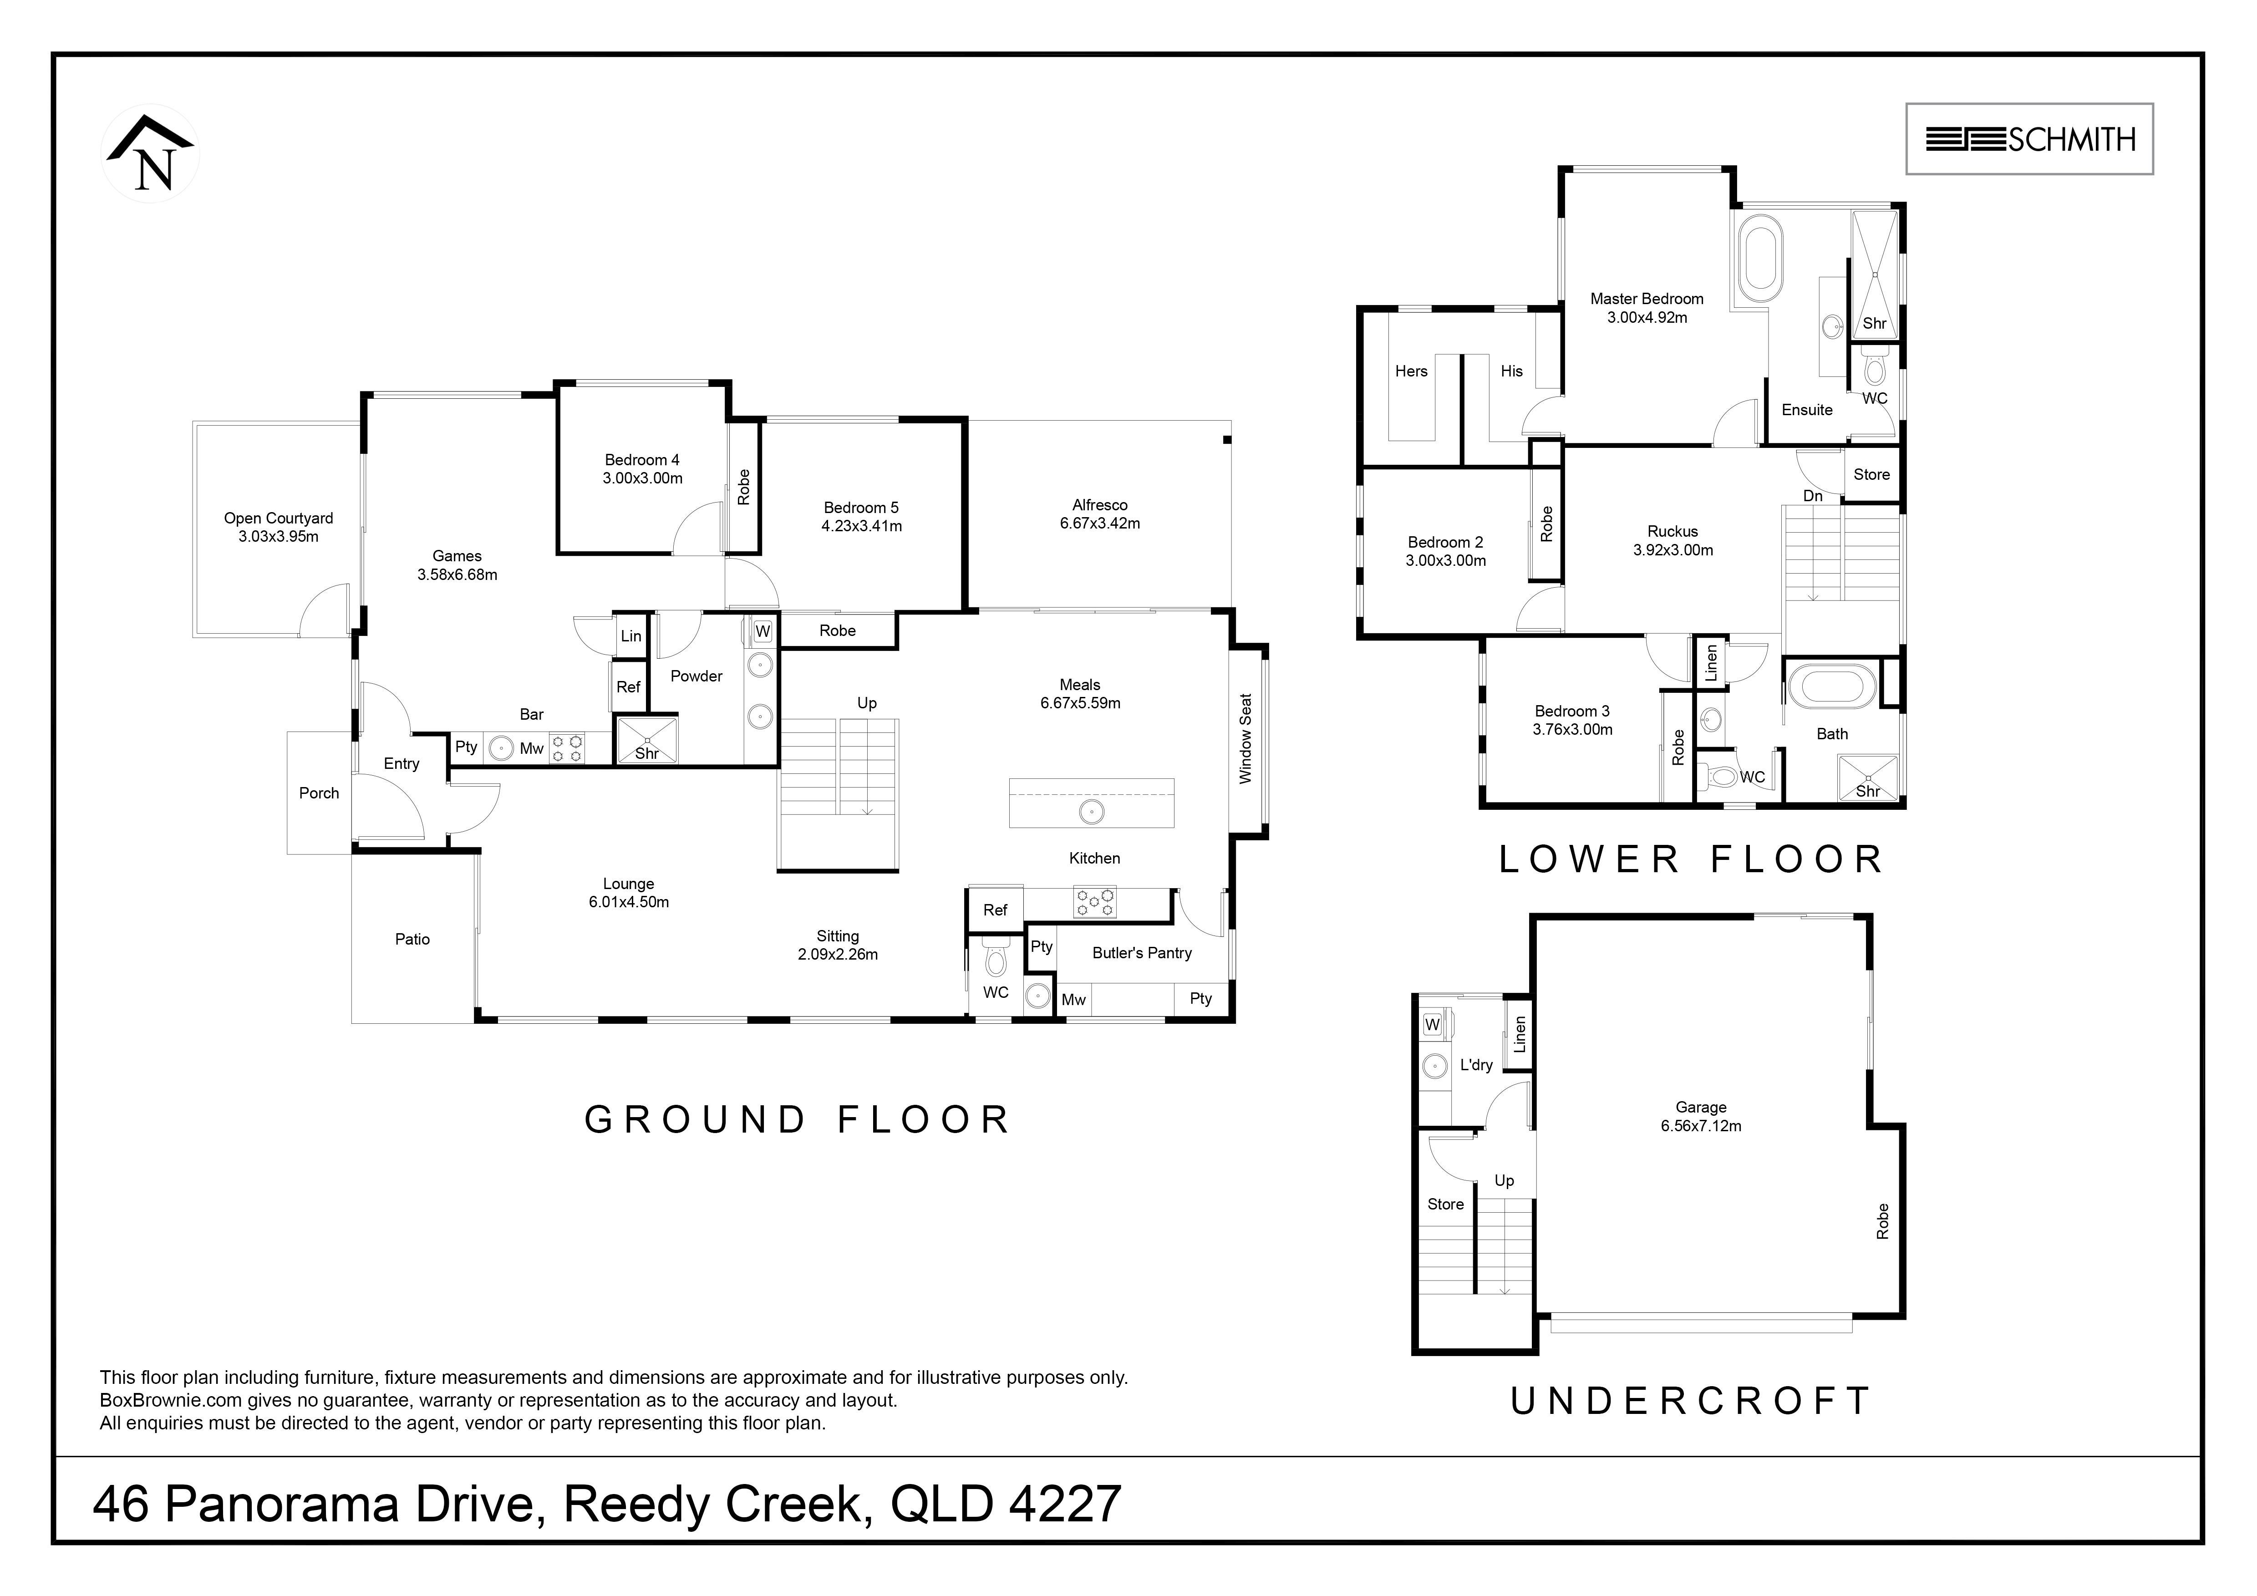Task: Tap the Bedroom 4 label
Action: pos(642,469)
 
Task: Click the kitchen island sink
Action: pos(1091,812)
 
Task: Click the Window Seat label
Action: pos(1245,738)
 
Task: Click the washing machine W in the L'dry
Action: pos(1432,1024)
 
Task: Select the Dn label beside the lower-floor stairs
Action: pos(1813,496)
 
